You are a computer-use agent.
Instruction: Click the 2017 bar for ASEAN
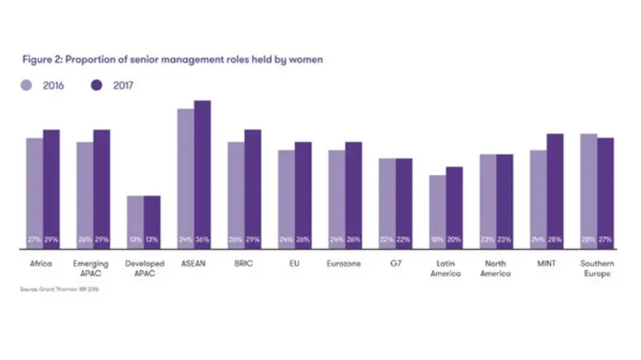(202, 173)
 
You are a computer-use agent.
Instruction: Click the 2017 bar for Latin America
(454, 205)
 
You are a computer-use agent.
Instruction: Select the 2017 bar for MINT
(555, 189)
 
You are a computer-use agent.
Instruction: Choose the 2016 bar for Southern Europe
(588, 189)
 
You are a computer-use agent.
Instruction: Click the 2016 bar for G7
(387, 201)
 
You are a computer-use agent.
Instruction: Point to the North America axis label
(496, 268)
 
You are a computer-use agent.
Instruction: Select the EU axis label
(295, 264)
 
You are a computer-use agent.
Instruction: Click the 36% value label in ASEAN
(202, 239)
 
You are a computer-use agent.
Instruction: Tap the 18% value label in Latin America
(437, 239)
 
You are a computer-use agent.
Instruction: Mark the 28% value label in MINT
(555, 239)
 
